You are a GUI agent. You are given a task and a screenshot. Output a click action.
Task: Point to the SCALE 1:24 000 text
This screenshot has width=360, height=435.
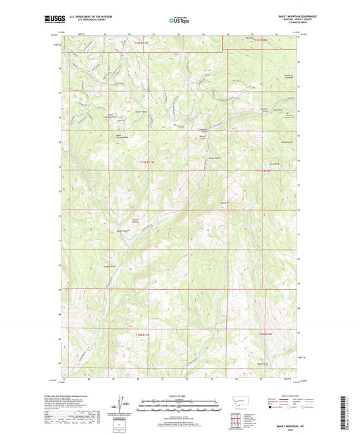coord(179,395)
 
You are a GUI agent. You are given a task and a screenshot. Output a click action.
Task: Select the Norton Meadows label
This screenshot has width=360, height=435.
coord(136,220)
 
